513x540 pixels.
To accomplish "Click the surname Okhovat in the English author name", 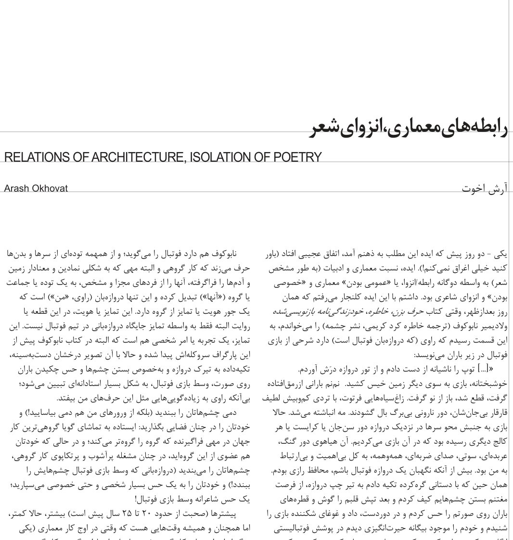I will (x=50, y=188).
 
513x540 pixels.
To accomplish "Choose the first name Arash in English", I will (x=16, y=188).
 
